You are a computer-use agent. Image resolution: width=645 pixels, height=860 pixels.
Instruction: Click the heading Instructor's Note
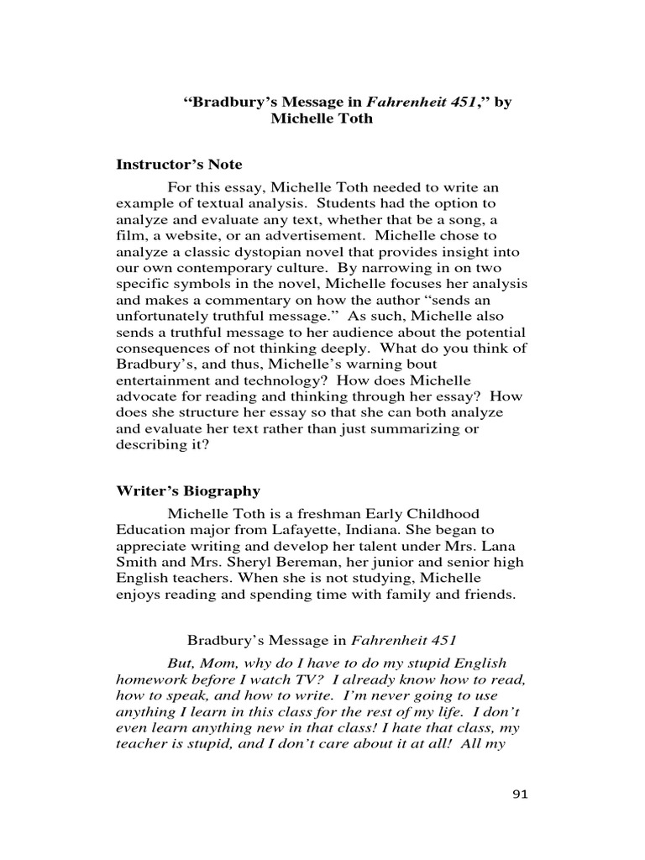pyautogui.click(x=178, y=165)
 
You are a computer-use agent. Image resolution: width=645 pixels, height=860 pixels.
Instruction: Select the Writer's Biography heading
pyautogui.click(x=187, y=491)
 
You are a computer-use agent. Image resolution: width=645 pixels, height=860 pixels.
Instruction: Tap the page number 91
pyautogui.click(x=521, y=794)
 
